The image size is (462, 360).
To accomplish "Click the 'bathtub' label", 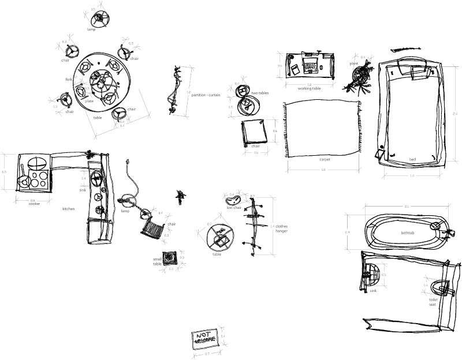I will tap(408, 232).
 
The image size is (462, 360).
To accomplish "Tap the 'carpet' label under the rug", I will tap(325, 159).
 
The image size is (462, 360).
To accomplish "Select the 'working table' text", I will tap(309, 88).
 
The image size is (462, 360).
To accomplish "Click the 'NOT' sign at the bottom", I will tap(205, 339).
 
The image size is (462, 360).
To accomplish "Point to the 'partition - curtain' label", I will tap(206, 95).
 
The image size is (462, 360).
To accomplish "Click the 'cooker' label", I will tap(35, 203).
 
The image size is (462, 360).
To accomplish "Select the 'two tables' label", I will tap(260, 93).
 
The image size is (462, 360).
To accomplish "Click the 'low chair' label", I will tap(233, 208).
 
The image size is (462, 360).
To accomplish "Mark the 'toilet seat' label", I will tap(433, 302).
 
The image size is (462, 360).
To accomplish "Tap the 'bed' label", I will tap(412, 159).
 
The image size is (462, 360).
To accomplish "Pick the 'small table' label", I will tap(157, 261).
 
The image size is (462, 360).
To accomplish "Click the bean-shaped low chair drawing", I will tap(233, 199).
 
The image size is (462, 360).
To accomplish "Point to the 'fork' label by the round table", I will tap(69, 79).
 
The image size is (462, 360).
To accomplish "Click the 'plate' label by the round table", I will tap(89, 102).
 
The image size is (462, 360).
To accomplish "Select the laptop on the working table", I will tap(311, 63).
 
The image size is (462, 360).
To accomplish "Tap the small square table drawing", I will tap(170, 257).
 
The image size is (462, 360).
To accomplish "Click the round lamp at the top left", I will tap(101, 18).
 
